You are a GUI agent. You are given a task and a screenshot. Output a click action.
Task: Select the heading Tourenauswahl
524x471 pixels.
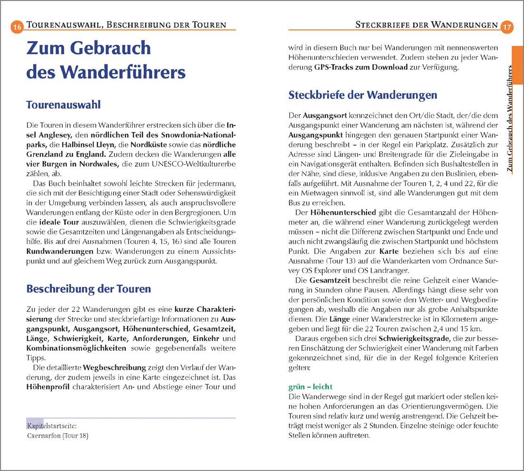click(x=63, y=105)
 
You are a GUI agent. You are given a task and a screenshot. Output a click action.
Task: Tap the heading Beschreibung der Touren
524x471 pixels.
click(x=89, y=289)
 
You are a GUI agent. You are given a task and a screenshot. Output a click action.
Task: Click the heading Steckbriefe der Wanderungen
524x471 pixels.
click(x=362, y=95)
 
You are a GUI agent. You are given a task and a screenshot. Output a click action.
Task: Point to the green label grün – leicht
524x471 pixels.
click(x=310, y=387)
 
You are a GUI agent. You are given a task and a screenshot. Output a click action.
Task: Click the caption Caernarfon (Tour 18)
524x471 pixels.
click(x=58, y=436)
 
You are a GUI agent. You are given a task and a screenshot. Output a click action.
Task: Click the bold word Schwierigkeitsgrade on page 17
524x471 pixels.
click(x=413, y=339)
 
